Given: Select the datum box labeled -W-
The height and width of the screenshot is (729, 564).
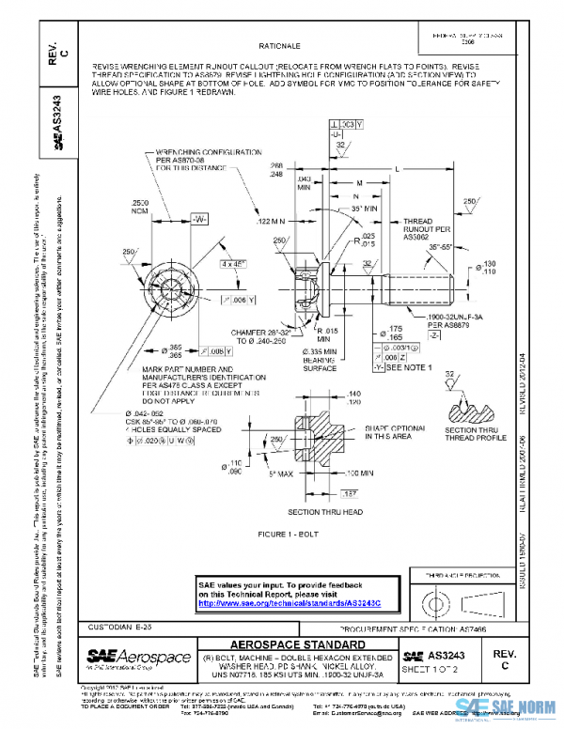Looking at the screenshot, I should (x=198, y=218).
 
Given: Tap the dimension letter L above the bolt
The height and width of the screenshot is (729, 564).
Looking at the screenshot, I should (x=399, y=168).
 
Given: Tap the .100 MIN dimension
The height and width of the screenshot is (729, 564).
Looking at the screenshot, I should (x=360, y=473).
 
